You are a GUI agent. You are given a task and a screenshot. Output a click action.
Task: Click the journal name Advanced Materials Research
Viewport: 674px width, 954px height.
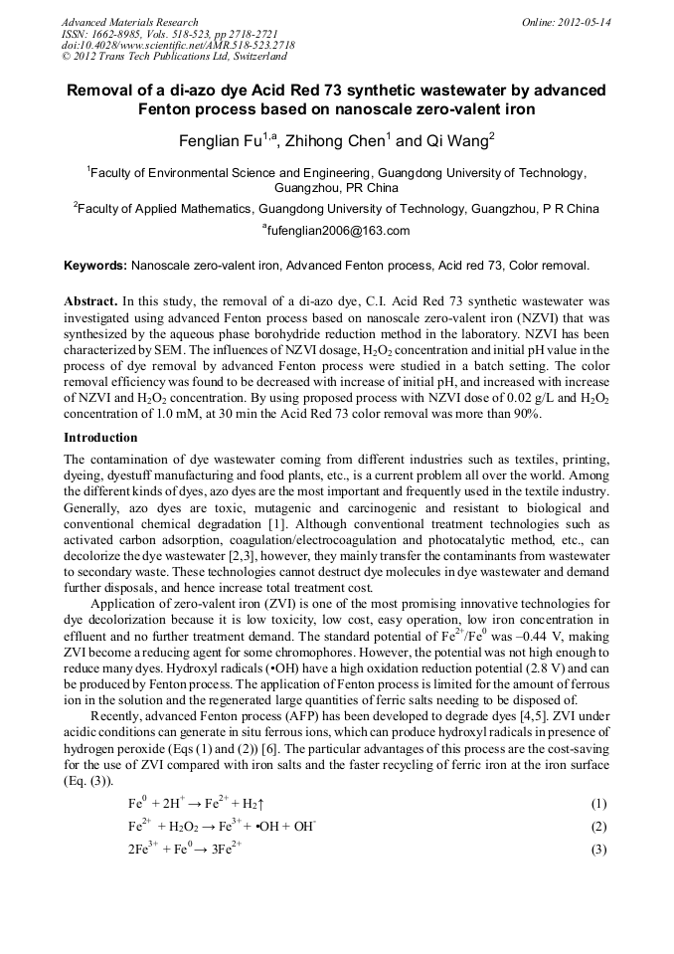129,22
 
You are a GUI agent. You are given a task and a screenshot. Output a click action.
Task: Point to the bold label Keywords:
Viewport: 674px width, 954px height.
95,266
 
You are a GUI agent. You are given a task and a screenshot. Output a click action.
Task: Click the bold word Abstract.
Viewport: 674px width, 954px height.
90,300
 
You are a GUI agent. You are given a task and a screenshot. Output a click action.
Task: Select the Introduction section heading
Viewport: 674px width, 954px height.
100,438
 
